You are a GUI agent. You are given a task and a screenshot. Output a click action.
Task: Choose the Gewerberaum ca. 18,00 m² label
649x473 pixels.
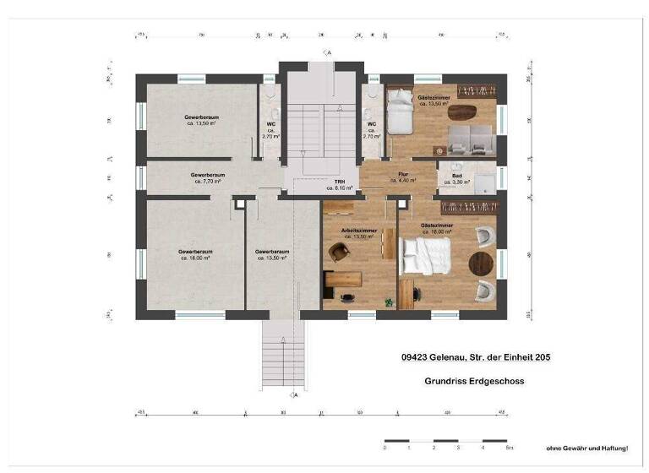[194, 254]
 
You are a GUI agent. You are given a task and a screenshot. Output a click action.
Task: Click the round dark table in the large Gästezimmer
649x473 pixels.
[480, 264]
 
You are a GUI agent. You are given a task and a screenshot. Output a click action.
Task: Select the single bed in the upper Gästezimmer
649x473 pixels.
[397, 112]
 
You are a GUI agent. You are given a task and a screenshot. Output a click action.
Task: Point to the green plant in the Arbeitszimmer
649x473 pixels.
[389, 301]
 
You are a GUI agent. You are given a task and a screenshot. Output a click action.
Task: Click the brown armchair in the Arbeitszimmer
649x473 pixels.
[338, 252]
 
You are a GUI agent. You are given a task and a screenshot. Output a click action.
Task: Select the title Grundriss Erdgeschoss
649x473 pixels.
[474, 381]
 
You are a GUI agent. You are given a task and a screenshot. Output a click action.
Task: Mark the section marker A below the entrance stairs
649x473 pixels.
[295, 394]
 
